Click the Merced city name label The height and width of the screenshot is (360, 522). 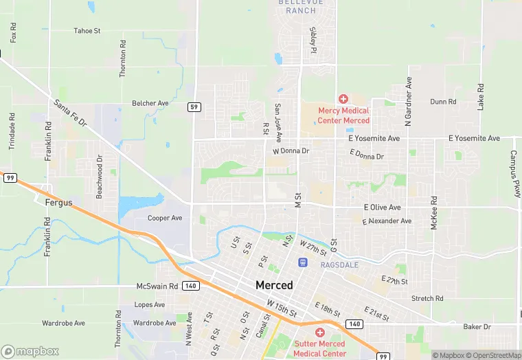[274, 285]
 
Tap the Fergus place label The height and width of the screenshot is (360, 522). [59, 203]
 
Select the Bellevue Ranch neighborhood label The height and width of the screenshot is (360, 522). [297, 6]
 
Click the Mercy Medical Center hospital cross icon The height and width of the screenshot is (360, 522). [343, 100]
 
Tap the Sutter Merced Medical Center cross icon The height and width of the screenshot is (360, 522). [319, 333]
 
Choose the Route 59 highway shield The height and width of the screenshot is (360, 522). [195, 106]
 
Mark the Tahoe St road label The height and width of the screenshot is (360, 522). [87, 31]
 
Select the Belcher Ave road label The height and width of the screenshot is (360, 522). [150, 103]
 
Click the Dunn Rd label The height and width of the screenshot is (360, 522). [443, 102]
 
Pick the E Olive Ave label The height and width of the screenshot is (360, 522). [382, 207]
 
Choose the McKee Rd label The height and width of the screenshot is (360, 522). [434, 213]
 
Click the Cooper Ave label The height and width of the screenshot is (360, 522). [165, 218]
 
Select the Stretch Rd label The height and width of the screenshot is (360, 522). [427, 299]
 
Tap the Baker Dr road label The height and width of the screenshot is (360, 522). [477, 327]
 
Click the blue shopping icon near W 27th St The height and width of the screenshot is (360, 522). [302, 262]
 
